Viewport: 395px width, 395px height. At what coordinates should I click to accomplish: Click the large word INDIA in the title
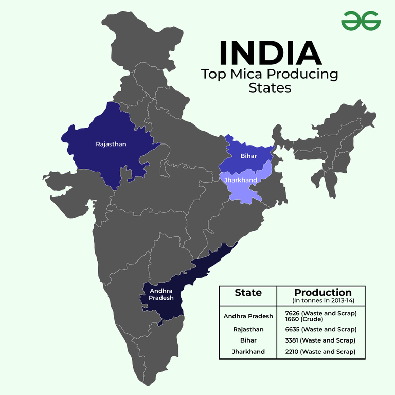pyautogui.click(x=270, y=52)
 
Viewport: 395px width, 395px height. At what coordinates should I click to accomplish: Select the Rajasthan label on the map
pyautogui.click(x=111, y=144)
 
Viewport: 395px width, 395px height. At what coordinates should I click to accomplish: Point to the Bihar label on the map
pyautogui.click(x=248, y=156)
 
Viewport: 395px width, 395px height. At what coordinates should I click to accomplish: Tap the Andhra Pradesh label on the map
pyautogui.click(x=161, y=294)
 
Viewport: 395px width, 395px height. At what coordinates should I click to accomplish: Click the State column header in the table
pyautogui.click(x=248, y=293)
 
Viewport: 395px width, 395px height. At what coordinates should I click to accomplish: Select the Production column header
pyautogui.click(x=322, y=292)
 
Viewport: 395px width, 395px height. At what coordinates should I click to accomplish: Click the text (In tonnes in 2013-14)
pyautogui.click(x=322, y=300)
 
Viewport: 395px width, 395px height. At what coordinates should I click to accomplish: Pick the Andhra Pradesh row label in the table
pyautogui.click(x=248, y=316)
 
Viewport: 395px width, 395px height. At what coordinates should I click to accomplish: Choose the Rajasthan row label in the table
pyautogui.click(x=248, y=329)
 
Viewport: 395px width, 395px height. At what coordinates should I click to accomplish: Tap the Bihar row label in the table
pyautogui.click(x=248, y=340)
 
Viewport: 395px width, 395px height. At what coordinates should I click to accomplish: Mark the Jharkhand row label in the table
pyautogui.click(x=248, y=352)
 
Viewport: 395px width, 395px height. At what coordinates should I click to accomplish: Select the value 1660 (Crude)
pyautogui.click(x=302, y=319)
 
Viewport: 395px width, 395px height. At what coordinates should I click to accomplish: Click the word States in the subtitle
pyautogui.click(x=270, y=88)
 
